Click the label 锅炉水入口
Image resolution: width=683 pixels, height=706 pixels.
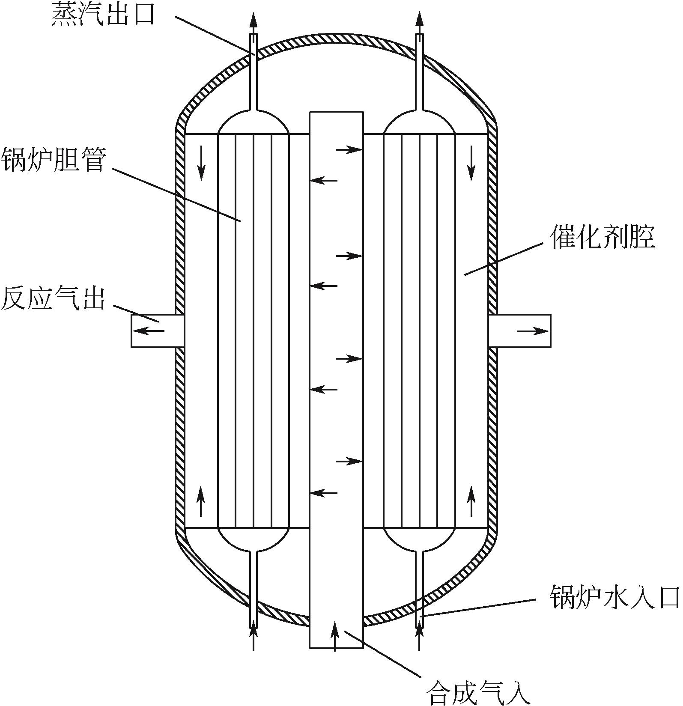pos(615,597)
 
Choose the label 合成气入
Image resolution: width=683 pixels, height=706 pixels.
pos(478,692)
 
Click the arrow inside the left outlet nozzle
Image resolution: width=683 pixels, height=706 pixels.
pos(150,331)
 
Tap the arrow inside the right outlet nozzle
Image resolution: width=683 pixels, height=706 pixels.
pos(533,331)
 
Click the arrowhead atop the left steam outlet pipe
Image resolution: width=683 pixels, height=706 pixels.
pos(254,21)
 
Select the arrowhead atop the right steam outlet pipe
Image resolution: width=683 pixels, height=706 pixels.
pos(419,21)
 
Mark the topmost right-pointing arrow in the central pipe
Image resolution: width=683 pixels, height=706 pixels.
pos(349,150)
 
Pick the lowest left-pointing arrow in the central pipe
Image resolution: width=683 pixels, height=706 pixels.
pos(324,493)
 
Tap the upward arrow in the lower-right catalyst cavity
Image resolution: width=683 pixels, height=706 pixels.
pos(471,501)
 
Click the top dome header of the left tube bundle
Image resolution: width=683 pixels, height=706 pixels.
pos(254,123)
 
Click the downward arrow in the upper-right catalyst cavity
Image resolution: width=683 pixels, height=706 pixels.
pos(471,163)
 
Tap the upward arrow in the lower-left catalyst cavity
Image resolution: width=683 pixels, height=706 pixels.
pos(201,501)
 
